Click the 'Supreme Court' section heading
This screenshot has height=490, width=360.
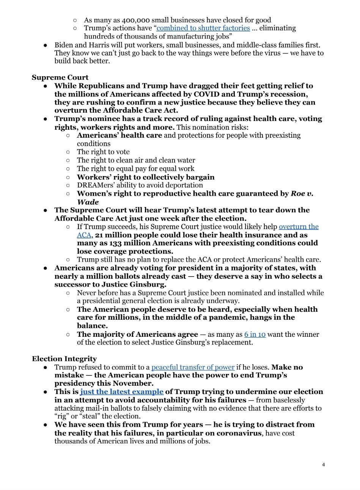(60, 77)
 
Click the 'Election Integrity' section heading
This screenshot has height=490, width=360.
(64, 358)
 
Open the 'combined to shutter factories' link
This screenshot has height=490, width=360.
(203, 28)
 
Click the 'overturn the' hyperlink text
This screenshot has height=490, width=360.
(299, 226)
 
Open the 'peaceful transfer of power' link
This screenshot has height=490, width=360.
(193, 367)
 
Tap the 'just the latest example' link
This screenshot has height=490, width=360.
(122, 391)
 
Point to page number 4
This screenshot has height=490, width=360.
(323, 465)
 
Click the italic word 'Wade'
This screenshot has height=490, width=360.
(88, 202)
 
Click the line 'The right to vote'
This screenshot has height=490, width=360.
(103, 152)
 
